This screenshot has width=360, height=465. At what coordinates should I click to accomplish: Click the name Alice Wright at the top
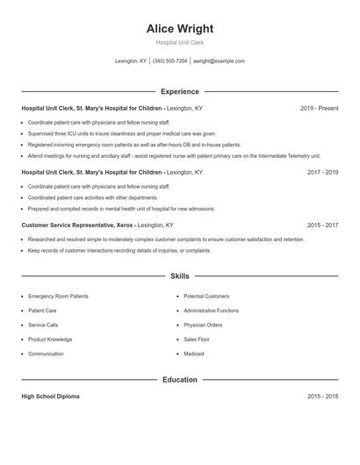[179, 28]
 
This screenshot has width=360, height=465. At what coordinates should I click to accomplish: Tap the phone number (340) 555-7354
[170, 61]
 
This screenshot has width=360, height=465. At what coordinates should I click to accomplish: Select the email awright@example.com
[219, 61]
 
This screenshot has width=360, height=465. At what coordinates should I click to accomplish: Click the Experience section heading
[179, 91]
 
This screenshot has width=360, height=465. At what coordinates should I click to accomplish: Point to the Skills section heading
[179, 276]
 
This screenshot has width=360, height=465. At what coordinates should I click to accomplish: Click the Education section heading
[179, 380]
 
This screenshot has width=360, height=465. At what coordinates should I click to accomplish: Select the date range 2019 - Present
[319, 108]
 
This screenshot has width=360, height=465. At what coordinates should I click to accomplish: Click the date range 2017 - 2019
[322, 173]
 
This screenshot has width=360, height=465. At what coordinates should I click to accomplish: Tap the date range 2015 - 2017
[322, 225]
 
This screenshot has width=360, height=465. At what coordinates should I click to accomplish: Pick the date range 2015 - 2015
[322, 397]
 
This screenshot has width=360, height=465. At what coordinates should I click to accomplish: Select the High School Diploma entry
[50, 397]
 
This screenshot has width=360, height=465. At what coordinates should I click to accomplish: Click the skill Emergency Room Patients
[58, 297]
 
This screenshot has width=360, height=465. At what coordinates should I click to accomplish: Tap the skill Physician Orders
[203, 325]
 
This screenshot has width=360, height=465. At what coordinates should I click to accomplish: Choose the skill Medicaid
[194, 354]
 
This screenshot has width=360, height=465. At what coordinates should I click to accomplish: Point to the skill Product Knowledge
[50, 340]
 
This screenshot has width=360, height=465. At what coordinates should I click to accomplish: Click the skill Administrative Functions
[211, 311]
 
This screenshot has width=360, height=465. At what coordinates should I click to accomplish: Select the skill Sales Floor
[197, 340]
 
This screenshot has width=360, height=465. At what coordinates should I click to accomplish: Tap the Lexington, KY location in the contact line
[131, 61]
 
